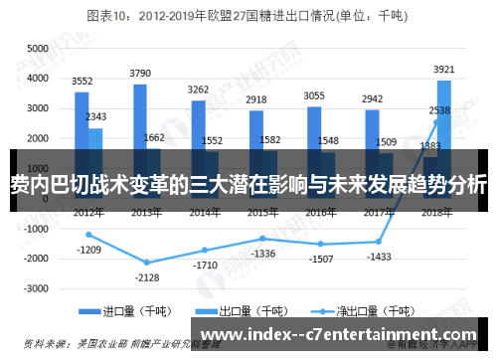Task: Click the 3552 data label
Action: coord(83,82)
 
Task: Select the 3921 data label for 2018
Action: coord(444,70)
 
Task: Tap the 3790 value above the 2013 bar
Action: coord(140,74)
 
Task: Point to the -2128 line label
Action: coord(146,277)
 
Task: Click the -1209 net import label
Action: coord(88,250)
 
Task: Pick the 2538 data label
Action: coord(440,110)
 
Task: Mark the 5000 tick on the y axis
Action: coord(38,49)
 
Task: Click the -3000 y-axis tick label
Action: coord(36,288)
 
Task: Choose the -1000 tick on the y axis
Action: coord(36,228)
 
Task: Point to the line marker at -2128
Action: coord(146,263)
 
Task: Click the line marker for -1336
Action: coord(262,239)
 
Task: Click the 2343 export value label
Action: coord(97,117)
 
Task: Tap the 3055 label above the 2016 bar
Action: coord(314,96)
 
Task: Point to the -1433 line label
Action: coord(379,257)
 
